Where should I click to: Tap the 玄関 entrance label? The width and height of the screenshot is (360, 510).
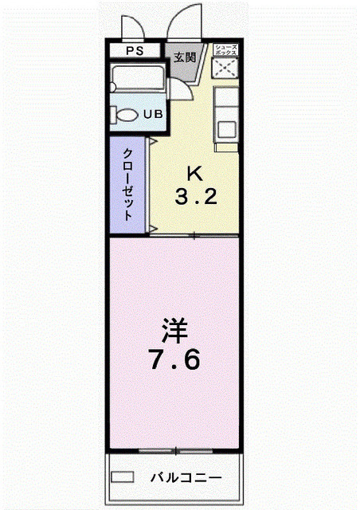185,57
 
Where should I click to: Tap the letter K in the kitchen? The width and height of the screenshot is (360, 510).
194,173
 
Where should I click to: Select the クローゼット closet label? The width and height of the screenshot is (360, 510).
127,186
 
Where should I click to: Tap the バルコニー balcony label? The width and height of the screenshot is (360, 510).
187,477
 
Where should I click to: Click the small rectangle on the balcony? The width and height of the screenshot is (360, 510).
123,477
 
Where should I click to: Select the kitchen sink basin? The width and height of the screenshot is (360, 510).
227,127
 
